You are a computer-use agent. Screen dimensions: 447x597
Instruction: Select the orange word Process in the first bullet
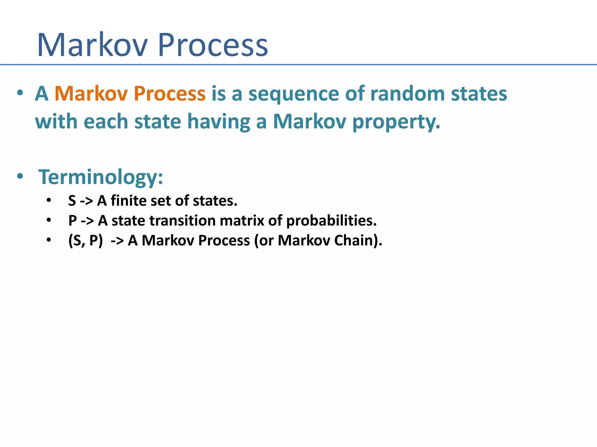[x=170, y=94]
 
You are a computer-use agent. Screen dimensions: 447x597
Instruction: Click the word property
[x=396, y=122]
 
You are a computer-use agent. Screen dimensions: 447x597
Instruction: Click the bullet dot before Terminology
[x=20, y=176]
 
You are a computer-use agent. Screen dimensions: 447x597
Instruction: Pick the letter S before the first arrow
[x=72, y=201]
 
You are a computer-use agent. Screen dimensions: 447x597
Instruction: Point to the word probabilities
[x=331, y=221]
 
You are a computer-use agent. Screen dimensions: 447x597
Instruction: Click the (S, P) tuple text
[x=85, y=241]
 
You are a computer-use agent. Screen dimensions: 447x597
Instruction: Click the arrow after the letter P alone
[x=87, y=221]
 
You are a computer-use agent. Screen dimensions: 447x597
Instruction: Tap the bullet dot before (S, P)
[x=49, y=240]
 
